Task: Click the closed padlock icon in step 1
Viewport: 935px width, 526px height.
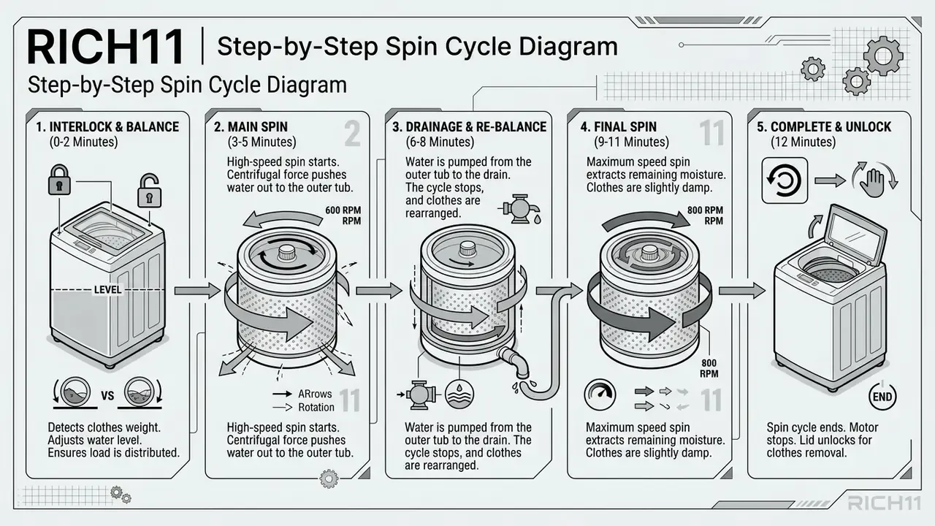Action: tap(59, 180)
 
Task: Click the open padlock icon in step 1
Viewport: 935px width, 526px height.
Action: tap(149, 191)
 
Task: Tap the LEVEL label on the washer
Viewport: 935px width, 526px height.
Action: tap(107, 290)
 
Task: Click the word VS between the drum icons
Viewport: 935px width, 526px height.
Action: tap(107, 395)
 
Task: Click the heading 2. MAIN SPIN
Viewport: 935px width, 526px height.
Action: tap(251, 127)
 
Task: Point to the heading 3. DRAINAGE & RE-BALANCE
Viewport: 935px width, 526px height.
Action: tap(469, 127)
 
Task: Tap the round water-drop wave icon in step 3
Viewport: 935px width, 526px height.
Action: tap(459, 394)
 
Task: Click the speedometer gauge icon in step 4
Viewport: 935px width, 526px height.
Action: tap(600, 394)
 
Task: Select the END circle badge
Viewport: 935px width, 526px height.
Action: tap(882, 397)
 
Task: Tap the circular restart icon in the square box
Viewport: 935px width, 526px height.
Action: tap(785, 180)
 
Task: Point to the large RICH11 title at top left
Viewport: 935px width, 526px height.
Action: tap(105, 47)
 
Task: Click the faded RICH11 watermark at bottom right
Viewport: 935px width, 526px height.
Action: tap(884, 503)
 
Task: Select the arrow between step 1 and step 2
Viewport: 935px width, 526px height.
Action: tap(197, 291)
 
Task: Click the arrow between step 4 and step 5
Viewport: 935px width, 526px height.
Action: tap(742, 291)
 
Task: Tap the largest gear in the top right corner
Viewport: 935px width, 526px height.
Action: tap(883, 56)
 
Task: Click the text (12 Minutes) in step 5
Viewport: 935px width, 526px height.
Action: tap(803, 142)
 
